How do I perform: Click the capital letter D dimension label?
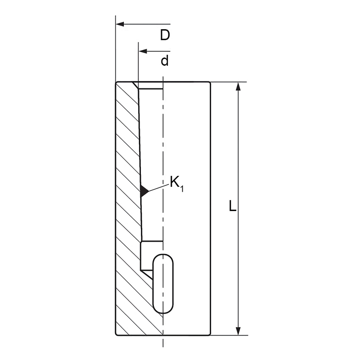click(x=165, y=35)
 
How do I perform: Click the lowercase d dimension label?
click(x=165, y=61)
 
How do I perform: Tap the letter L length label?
click(x=233, y=206)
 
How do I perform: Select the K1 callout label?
click(x=176, y=184)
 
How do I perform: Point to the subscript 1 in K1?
click(x=182, y=189)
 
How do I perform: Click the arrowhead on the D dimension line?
click(x=120, y=24)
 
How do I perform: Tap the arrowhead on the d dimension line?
click(x=143, y=51)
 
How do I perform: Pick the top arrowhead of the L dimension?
click(x=238, y=86)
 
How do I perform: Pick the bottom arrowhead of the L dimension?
click(x=238, y=331)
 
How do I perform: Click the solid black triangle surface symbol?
click(x=144, y=191)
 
